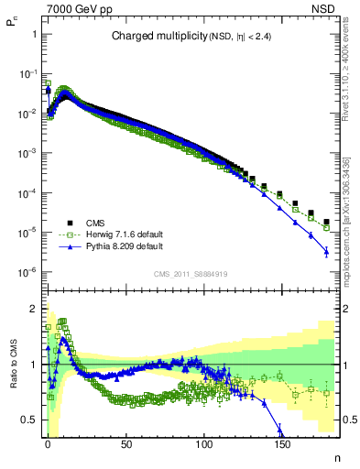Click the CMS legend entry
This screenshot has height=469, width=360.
(96, 223)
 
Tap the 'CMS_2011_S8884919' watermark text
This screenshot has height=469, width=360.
(191, 273)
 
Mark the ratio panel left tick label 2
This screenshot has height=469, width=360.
(33, 310)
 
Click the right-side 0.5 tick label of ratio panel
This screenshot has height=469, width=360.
(350, 420)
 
